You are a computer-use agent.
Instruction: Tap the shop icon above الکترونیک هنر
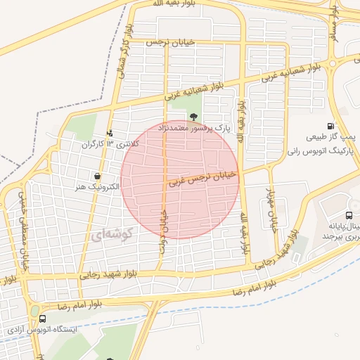tap(96, 176)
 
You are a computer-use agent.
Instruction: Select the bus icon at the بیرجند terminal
tap(349, 216)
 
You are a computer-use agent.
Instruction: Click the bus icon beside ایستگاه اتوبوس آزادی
tap(42, 319)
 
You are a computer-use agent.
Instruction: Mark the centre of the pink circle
tap(180, 179)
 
